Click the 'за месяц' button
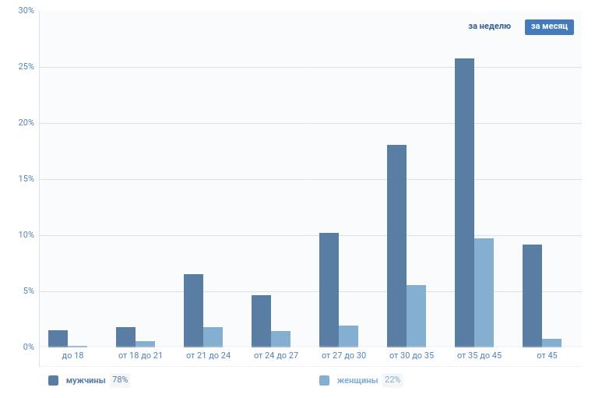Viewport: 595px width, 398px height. [549, 26]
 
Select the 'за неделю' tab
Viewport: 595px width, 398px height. [489, 26]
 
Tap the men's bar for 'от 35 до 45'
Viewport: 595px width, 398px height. [464, 203]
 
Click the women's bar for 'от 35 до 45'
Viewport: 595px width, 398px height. [484, 292]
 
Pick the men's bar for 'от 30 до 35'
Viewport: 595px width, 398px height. [396, 245]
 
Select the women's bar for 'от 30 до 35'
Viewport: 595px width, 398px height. [416, 315]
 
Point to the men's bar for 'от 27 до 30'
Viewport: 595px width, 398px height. [329, 290]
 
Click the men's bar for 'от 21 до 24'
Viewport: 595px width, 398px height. [193, 310]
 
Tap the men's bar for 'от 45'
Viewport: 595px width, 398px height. [532, 295]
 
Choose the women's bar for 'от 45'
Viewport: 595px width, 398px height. [551, 343]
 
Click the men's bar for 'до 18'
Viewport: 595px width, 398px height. [58, 339]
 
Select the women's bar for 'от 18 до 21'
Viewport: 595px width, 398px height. [145, 343]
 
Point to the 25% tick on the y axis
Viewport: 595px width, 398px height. [26, 67]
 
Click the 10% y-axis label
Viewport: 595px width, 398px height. [26, 235]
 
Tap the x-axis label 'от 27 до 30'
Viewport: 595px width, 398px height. [343, 356]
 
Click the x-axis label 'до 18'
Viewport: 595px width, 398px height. [72, 356]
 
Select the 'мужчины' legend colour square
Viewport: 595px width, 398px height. [54, 380]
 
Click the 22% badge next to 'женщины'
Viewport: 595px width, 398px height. [393, 380]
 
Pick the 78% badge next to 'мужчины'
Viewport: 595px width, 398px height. [120, 380]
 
